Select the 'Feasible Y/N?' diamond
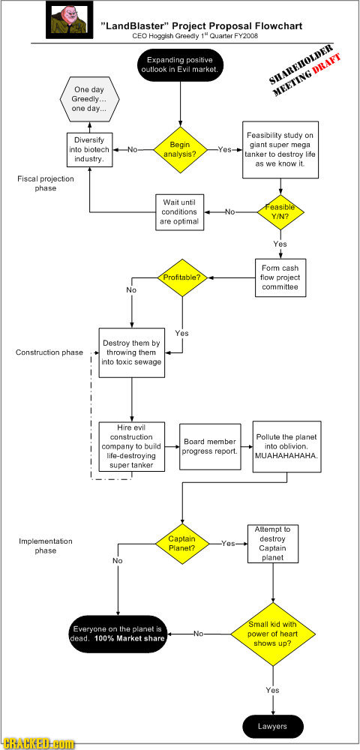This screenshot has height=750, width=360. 280,211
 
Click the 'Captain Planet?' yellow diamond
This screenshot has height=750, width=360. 181,542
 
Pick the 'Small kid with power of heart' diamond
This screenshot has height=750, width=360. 274,634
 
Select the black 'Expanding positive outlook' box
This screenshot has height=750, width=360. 180,64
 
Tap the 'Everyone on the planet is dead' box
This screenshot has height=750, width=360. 116,634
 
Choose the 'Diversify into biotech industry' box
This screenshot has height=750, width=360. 89,149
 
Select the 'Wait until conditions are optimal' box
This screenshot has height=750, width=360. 179,211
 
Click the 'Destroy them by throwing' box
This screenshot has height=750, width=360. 131,351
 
